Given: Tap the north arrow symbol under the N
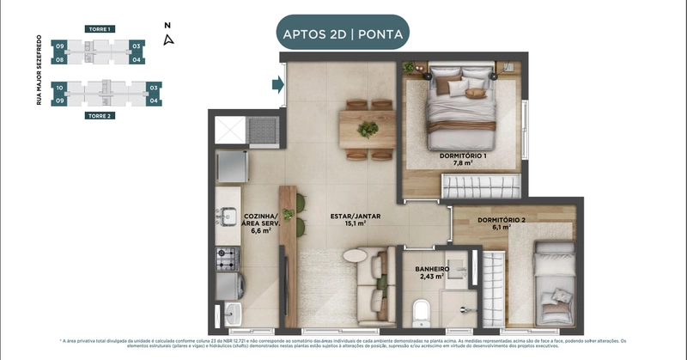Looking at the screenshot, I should click(x=169, y=39).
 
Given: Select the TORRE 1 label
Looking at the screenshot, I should click(x=99, y=29).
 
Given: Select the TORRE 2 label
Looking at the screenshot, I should click(x=99, y=114).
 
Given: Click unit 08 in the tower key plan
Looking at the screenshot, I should click(x=60, y=59).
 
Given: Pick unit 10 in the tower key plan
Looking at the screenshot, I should click(x=60, y=88).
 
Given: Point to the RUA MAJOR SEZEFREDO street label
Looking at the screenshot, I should click(x=40, y=72).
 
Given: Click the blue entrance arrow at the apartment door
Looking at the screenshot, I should click(x=277, y=84).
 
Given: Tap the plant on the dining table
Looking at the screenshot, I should click(x=368, y=130).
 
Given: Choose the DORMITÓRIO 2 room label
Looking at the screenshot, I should click(x=502, y=220).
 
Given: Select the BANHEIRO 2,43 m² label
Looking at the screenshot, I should click(x=426, y=272).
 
